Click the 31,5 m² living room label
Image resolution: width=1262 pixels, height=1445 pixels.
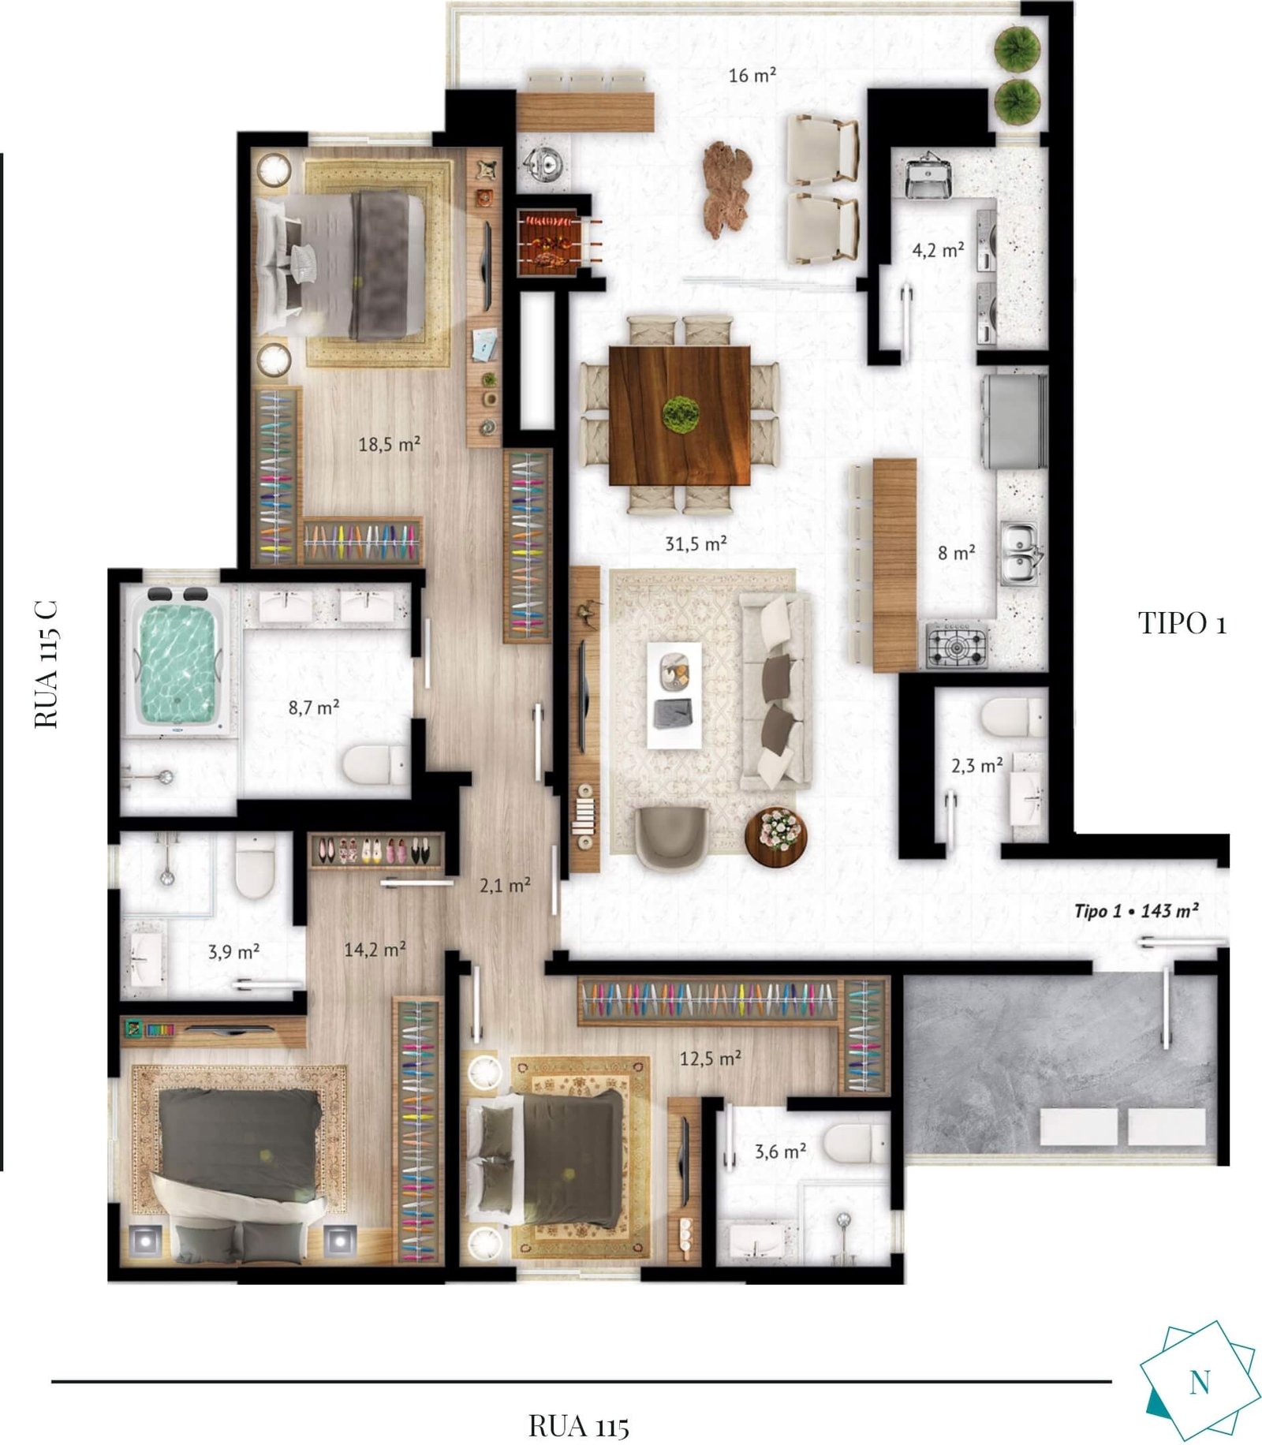pos(696,543)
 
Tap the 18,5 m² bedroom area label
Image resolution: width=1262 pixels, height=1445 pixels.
pos(389,444)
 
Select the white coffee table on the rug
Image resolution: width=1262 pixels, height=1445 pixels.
pos(674,695)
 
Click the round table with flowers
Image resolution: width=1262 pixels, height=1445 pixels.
pos(775,837)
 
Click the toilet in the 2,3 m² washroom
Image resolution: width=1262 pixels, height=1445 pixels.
pos(1014,717)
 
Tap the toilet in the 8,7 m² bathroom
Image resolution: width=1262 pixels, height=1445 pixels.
pos(374,764)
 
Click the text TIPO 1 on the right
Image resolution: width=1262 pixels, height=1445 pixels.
pos(1182,623)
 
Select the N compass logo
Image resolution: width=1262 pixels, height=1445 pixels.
pos(1198,1381)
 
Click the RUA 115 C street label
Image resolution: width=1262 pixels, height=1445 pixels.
pos(47,663)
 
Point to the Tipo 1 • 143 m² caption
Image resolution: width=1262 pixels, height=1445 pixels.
pos(1137,911)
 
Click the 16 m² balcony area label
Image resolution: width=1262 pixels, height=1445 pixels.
pos(752,76)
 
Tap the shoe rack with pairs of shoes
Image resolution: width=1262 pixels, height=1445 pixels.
pos(375,851)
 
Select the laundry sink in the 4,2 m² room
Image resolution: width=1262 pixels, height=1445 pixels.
pos(928,177)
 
